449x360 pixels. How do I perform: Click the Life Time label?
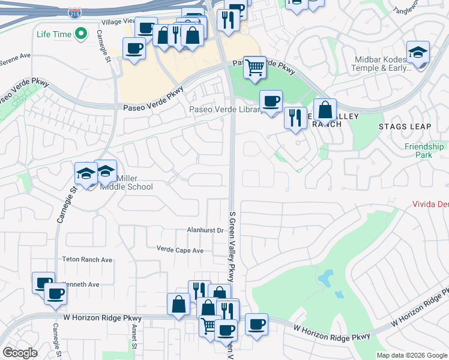[54, 34]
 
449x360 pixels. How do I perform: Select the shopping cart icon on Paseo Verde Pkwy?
[255, 67]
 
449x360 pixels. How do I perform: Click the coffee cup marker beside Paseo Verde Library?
[271, 101]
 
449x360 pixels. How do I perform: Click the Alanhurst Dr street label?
[205, 230]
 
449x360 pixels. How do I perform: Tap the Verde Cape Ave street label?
[180, 249]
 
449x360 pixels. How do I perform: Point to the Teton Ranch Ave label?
[88, 260]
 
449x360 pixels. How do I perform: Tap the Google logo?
[20, 353]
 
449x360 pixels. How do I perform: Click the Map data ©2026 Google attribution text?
[412, 355]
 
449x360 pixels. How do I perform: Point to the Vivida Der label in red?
[430, 203]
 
